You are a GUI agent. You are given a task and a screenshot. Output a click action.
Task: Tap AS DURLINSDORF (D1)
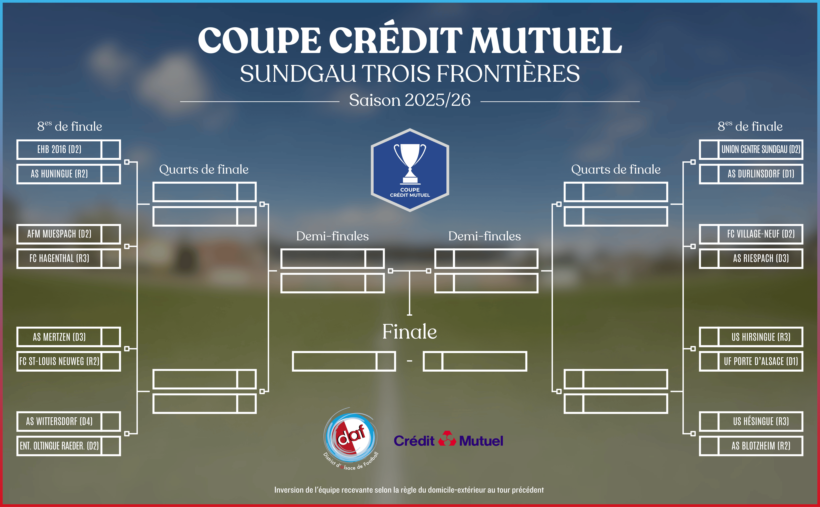click(x=761, y=174)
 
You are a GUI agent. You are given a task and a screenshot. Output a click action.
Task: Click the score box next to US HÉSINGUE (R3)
click(x=709, y=421)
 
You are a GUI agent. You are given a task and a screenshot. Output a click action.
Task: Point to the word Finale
click(x=410, y=332)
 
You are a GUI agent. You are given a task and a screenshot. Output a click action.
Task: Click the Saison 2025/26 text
click(x=410, y=100)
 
